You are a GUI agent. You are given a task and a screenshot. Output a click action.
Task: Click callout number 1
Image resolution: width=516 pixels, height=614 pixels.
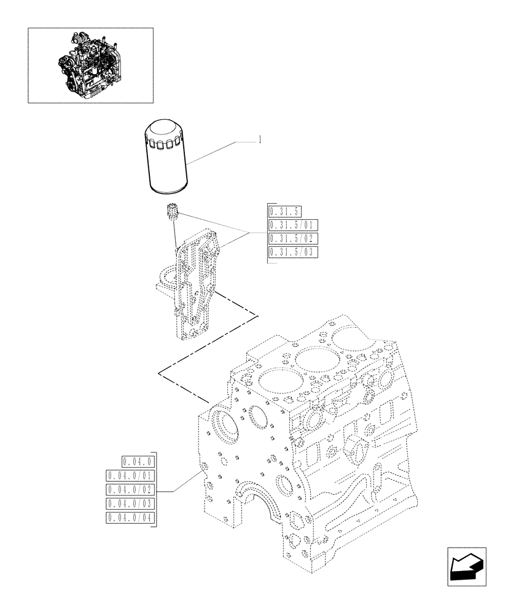pyautogui.click(x=260, y=140)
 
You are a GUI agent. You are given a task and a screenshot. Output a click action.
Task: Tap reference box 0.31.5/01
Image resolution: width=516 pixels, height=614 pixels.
pyautogui.click(x=293, y=226)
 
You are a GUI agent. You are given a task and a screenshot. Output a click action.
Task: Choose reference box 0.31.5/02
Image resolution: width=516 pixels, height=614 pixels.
pyautogui.click(x=293, y=239)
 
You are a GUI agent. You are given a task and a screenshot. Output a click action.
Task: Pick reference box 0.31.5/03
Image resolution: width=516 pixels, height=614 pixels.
pyautogui.click(x=293, y=252)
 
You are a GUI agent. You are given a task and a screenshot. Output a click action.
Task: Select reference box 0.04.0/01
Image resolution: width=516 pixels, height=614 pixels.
pyautogui.click(x=131, y=476)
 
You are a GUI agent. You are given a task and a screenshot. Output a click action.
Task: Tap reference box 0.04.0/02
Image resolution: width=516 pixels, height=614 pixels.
pyautogui.click(x=131, y=489)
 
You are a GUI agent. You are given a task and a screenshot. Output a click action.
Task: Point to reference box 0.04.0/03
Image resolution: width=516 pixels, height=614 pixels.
pyautogui.click(x=131, y=503)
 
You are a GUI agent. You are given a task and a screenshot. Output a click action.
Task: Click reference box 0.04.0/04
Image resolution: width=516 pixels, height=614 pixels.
pyautogui.click(x=131, y=518)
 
